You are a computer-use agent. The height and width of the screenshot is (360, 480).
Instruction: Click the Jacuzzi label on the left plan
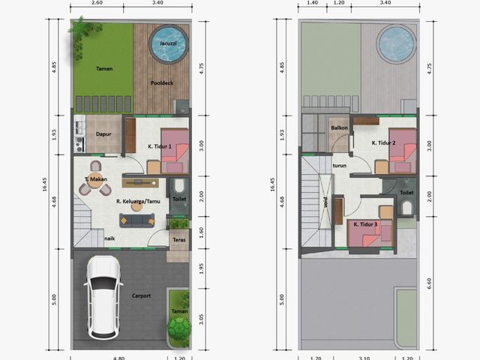pyautogui.click(x=168, y=43)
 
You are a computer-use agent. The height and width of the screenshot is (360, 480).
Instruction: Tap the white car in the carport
pyautogui.click(x=103, y=298)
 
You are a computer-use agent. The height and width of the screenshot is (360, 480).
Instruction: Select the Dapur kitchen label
pyautogui.click(x=103, y=134)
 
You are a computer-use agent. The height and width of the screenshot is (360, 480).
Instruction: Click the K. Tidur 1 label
pyautogui.click(x=160, y=147)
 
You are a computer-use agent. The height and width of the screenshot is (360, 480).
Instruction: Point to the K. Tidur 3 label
pyautogui.click(x=365, y=224)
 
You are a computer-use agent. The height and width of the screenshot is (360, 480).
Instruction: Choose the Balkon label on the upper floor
pyautogui.click(x=340, y=127)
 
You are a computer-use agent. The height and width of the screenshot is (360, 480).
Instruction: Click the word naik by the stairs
pyautogui.click(x=109, y=238)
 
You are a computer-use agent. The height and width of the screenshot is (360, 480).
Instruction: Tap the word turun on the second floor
pyautogui.click(x=340, y=166)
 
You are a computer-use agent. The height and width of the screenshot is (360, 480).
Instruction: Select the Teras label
pyautogui.click(x=179, y=240)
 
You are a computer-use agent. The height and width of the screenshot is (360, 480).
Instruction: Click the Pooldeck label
pyautogui.click(x=162, y=83)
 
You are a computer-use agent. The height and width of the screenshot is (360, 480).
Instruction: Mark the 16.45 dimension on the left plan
pyautogui.click(x=45, y=184)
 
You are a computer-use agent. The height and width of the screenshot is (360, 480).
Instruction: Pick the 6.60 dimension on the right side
pyautogui.click(x=429, y=283)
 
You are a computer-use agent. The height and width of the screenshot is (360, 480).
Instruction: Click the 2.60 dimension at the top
pyautogui.click(x=97, y=3)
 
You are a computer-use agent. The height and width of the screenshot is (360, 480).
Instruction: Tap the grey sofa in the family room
pyautogui.click(x=136, y=220)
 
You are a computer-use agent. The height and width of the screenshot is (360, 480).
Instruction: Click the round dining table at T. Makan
pyautogui.click(x=95, y=181)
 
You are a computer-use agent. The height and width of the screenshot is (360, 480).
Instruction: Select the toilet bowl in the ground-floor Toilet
pyautogui.click(x=178, y=185)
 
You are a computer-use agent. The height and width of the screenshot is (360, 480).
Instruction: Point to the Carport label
pyautogui.click(x=142, y=295)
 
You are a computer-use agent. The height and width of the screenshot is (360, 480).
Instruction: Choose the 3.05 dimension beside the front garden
pyautogui.click(x=202, y=319)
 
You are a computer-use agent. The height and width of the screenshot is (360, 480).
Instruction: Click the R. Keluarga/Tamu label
pyautogui.click(x=138, y=202)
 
